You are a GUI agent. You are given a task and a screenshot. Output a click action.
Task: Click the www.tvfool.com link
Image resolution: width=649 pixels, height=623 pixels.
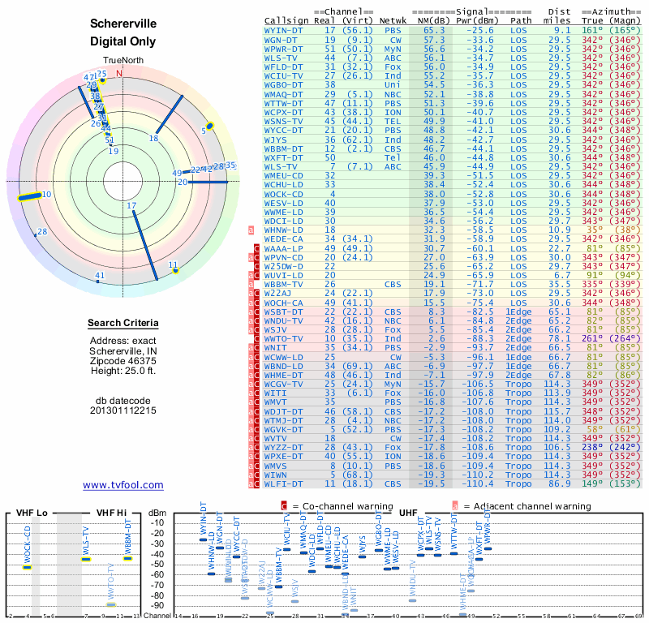[123, 485]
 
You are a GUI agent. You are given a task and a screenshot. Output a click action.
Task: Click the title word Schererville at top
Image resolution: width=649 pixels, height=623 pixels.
[123, 25]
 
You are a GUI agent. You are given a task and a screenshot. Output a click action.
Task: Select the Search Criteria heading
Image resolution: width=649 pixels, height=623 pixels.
[123, 324]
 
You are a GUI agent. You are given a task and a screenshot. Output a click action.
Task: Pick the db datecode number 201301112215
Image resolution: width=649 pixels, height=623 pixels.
[123, 410]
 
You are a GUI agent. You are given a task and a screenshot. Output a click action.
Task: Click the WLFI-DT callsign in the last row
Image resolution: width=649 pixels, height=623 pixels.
[284, 483]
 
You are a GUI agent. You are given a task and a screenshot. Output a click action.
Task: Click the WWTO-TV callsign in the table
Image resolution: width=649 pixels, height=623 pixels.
[284, 337]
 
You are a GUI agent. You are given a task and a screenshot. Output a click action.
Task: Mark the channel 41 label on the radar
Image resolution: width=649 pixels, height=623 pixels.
[100, 276]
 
